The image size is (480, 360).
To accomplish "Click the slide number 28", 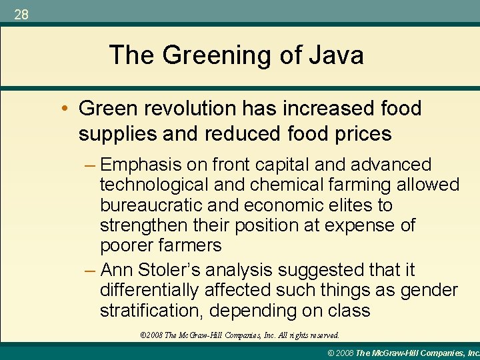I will point(21,14).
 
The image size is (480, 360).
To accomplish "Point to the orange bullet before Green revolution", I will point(69,109).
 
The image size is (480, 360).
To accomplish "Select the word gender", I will point(427,291).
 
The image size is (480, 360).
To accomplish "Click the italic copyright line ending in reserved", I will point(235,335).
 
